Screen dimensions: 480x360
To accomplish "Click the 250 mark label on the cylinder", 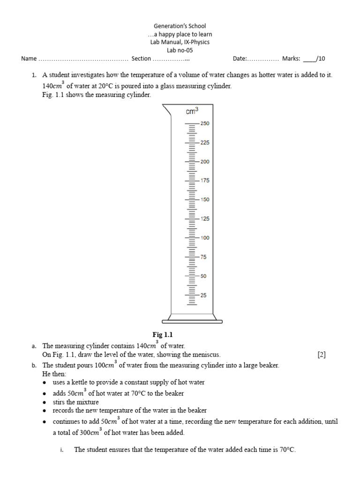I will tap(205, 123).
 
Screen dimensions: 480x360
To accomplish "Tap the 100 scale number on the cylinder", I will tap(205, 238).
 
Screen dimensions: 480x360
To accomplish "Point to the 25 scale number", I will tap(203, 295).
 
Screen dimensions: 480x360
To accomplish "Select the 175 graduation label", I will tap(205, 180).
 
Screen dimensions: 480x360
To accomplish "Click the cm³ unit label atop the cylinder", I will tap(192, 111).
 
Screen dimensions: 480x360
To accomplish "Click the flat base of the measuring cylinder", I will tap(192, 321).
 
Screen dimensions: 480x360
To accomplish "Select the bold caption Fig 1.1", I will tap(163, 335).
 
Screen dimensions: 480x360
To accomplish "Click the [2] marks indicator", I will tap(322, 355).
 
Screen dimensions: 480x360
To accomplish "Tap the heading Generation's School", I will tap(180, 26).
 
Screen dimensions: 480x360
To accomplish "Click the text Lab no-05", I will tap(180, 50).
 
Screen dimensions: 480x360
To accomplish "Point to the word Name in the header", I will tap(29, 59).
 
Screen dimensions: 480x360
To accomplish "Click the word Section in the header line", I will tap(141, 59).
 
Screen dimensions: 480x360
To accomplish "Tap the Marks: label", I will tap(291, 59).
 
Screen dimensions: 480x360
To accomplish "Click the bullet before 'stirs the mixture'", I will tap(44, 403).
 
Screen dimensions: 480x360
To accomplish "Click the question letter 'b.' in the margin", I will tap(34, 365).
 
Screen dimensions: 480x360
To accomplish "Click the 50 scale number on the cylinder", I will tap(203, 276).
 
